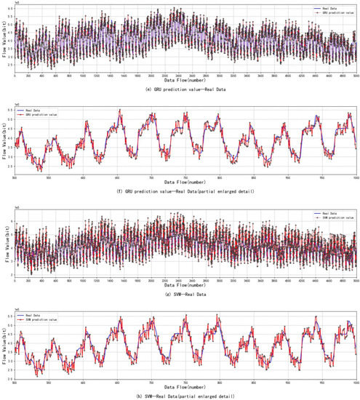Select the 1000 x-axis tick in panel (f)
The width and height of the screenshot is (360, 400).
coord(355,177)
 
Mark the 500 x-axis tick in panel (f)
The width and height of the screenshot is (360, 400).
coord(15,177)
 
